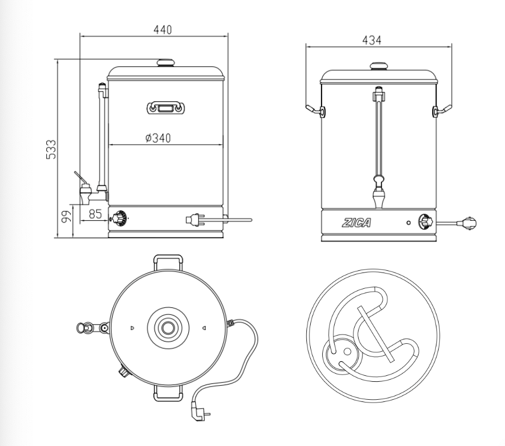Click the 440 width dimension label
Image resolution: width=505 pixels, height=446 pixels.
(162, 30)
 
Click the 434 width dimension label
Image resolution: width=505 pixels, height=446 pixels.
(372, 40)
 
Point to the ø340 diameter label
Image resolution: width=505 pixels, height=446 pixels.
(158, 138)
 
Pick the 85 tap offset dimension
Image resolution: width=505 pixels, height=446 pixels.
(95, 214)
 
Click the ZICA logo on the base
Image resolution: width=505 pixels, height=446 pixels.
(356, 223)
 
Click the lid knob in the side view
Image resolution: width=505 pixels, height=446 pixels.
(165, 63)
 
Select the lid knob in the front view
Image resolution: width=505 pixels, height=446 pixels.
(379, 66)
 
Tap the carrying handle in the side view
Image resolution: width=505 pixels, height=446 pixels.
(165, 107)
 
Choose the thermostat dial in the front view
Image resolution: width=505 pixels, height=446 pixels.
(424, 222)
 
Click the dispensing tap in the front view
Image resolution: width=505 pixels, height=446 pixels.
(378, 196)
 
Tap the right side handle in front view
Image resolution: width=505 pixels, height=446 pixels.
(442, 110)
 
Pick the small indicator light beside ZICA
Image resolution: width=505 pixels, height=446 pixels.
(408, 223)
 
